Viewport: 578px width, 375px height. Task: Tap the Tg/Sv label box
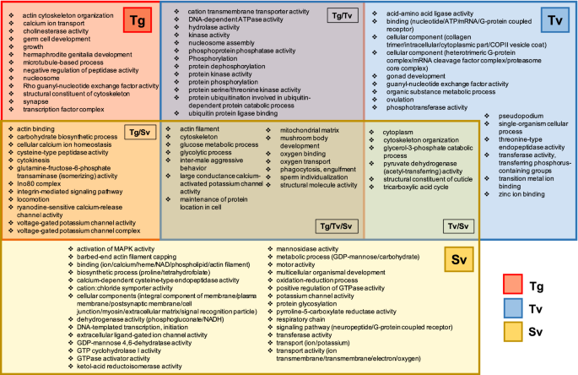click(x=136, y=133)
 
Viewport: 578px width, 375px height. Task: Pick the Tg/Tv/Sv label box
click(x=336, y=226)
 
